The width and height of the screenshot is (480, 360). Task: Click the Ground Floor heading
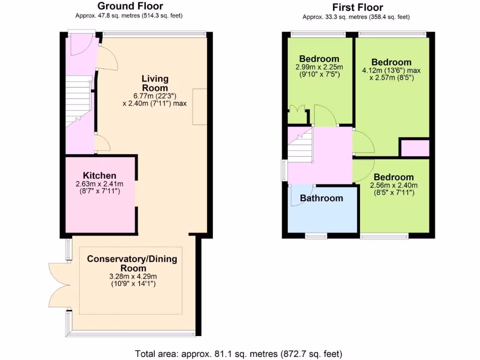[130, 6]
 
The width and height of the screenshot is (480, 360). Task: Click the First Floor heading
[358, 7]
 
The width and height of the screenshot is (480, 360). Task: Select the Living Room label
[155, 83]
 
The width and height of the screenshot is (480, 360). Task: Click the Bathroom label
[321, 198]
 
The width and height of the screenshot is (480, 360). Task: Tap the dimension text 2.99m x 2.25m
[319, 67]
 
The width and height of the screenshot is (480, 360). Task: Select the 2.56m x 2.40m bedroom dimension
[394, 185]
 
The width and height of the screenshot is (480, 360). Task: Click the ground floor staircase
[78, 101]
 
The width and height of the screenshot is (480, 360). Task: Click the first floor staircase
[300, 145]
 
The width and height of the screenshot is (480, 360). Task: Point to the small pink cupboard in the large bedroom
[414, 148]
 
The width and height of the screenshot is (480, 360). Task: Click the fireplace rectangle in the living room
[199, 106]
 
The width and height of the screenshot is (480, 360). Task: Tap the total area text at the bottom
[240, 353]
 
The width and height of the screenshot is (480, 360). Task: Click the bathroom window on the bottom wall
[316, 236]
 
